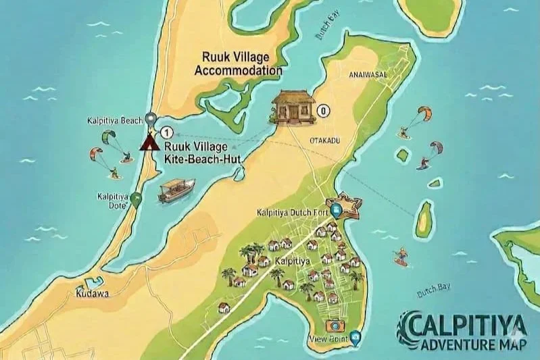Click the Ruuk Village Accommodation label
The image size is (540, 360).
[x=238, y=64]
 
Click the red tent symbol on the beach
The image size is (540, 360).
[x=147, y=143]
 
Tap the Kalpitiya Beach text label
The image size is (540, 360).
[x=115, y=121]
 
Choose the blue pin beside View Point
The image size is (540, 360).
[x=355, y=337]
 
